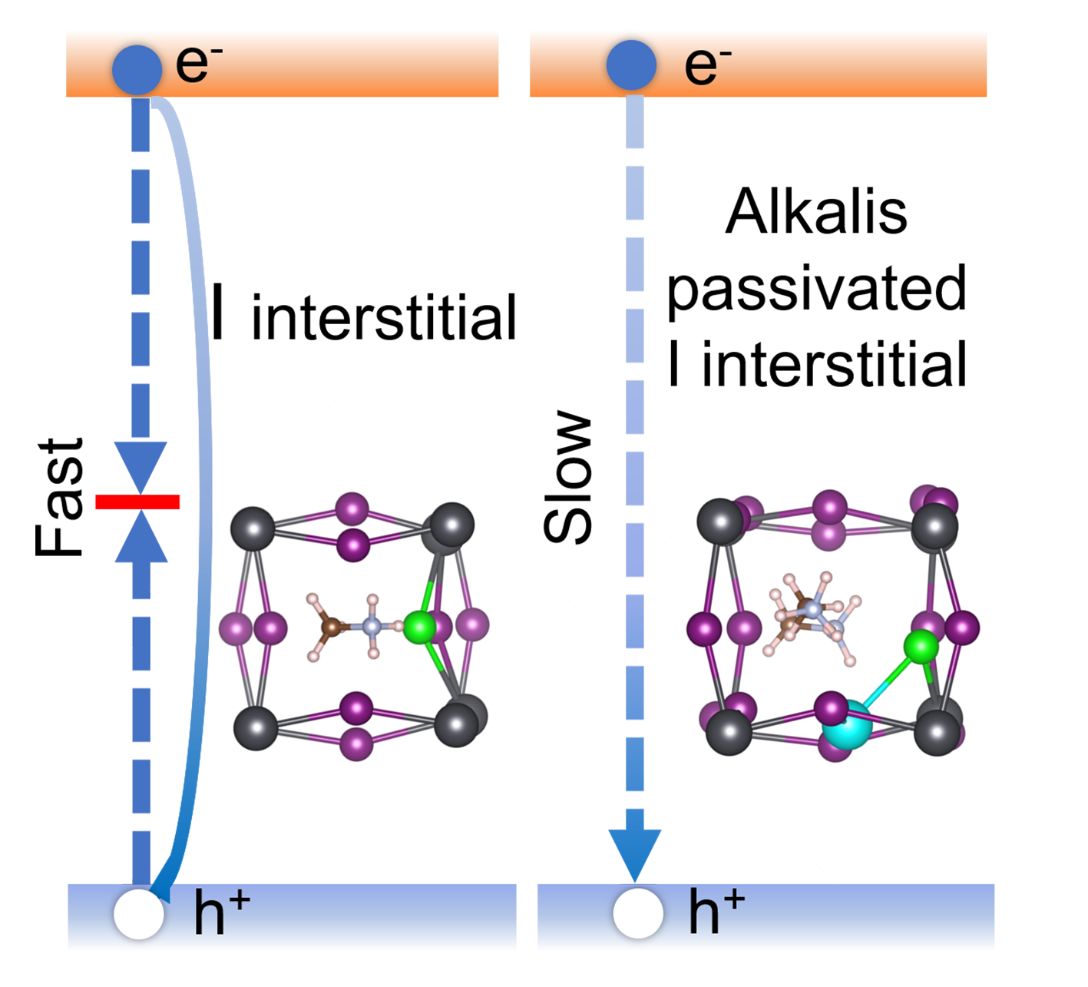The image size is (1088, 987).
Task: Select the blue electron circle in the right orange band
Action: pos(631,65)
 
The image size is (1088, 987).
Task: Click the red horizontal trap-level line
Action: pos(137,502)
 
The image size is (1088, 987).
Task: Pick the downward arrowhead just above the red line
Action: pos(141,465)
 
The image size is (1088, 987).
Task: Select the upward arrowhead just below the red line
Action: pos(141,538)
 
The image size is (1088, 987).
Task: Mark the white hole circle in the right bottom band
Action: pos(638,913)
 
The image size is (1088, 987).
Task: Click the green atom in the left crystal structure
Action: pos(419,627)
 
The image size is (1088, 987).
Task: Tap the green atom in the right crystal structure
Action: pos(921,647)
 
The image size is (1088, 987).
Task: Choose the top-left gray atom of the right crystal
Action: pos(720,522)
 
